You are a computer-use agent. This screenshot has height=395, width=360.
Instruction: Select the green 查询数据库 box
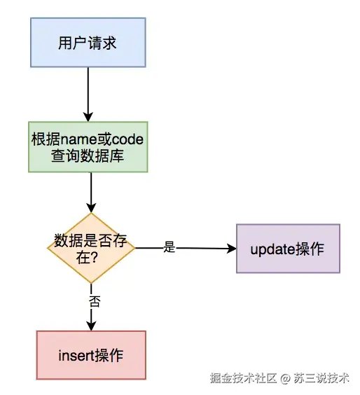click(88, 148)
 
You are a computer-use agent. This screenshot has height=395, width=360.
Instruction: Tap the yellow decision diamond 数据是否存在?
click(91, 247)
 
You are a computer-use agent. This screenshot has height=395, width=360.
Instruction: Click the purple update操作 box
click(288, 249)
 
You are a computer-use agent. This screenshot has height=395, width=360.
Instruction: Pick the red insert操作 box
click(91, 355)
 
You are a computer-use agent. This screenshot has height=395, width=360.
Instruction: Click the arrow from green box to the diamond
click(91, 193)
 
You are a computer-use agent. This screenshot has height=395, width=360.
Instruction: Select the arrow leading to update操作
click(203, 248)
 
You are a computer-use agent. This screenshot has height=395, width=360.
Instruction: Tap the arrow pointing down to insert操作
click(91, 319)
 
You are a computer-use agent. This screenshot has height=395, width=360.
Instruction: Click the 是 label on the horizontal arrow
click(169, 247)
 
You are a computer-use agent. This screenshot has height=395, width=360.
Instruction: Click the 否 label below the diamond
click(94, 301)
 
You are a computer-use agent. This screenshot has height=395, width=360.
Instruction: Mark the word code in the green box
click(128, 139)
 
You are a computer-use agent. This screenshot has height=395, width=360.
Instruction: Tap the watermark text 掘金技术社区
click(243, 378)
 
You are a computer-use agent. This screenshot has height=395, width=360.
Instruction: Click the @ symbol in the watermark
click(285, 378)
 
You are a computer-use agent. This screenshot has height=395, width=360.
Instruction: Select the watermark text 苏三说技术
click(321, 378)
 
